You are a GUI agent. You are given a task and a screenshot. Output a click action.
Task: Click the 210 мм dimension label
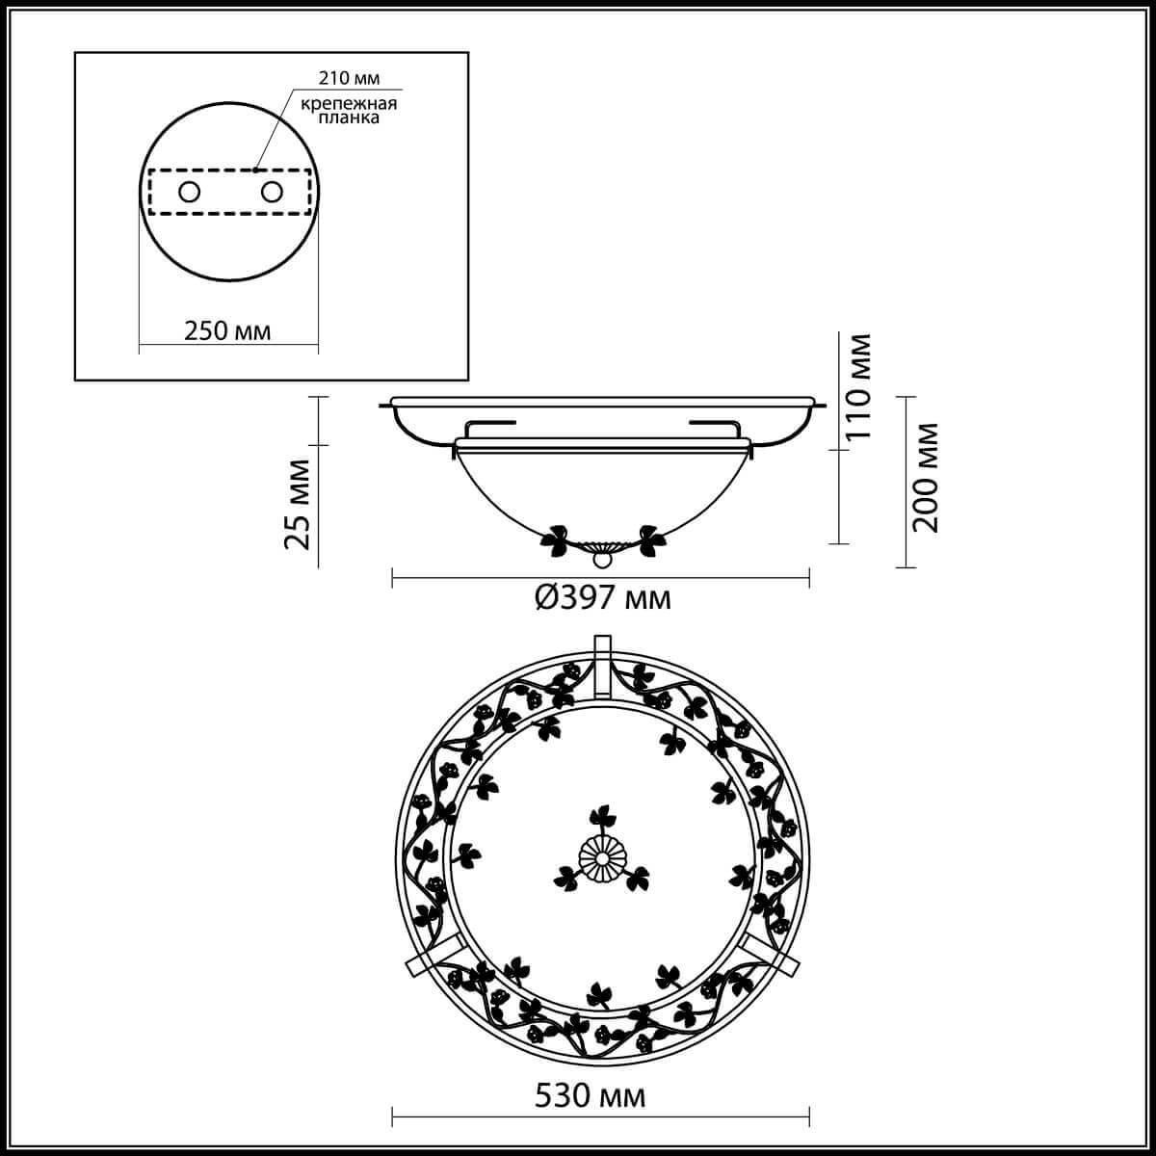click(349, 78)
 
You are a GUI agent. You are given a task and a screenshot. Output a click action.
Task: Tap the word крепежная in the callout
click(349, 103)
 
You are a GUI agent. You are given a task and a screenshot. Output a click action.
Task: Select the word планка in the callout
click(349, 118)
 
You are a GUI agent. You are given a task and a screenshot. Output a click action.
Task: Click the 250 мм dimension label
click(227, 331)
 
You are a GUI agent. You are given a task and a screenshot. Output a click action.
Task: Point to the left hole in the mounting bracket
click(189, 193)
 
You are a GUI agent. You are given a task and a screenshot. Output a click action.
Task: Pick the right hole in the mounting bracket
click(272, 193)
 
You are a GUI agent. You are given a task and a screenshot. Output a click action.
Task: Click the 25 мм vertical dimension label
click(298, 505)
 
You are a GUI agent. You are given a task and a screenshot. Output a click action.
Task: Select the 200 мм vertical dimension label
click(925, 478)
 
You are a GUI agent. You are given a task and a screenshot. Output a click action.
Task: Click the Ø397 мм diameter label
click(603, 597)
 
